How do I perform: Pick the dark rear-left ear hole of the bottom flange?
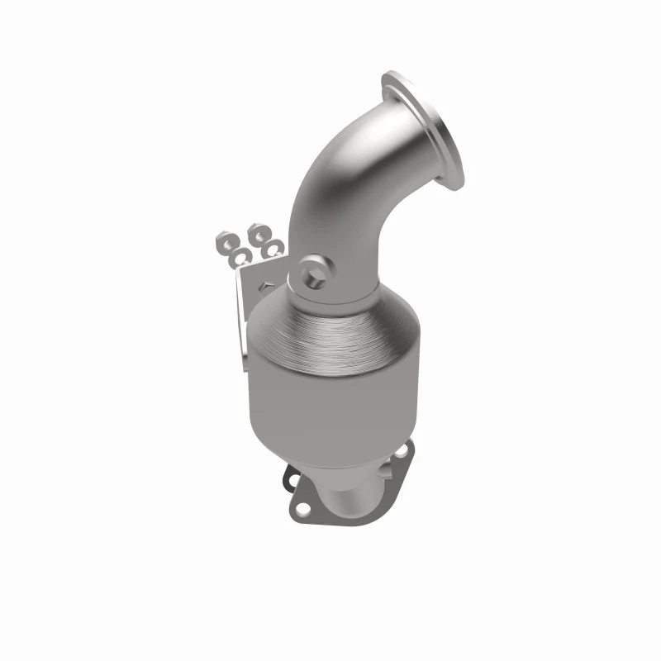coord(293,477)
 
